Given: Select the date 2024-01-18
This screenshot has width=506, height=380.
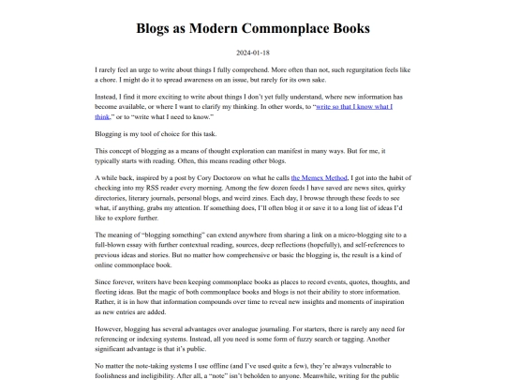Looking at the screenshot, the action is pyautogui.click(x=253, y=53).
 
